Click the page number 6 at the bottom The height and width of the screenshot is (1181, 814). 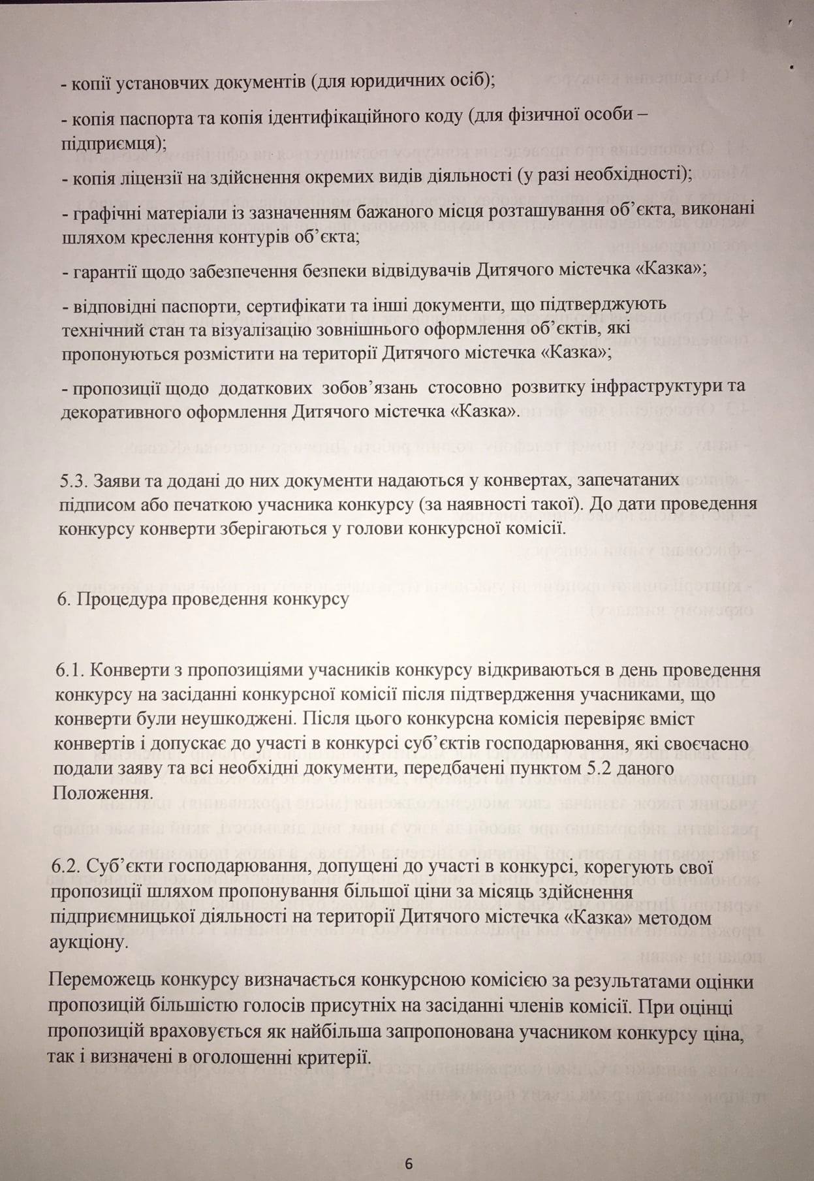(409, 1163)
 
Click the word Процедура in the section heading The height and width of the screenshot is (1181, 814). (117, 599)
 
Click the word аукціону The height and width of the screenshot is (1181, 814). (86, 943)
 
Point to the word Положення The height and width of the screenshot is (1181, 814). (104, 793)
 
